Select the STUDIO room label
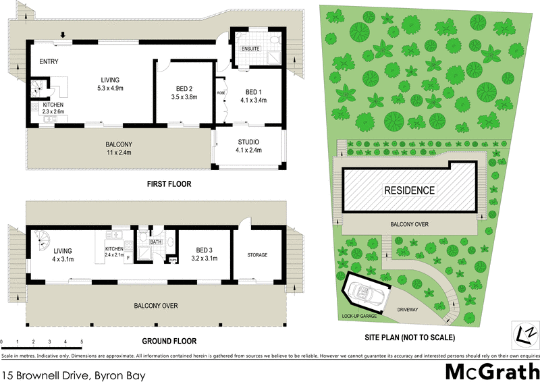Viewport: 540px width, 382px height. click(x=248, y=142)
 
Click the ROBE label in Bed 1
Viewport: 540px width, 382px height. click(x=221, y=92)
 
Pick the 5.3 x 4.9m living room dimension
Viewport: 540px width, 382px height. click(x=110, y=88)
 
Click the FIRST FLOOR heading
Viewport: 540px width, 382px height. click(x=169, y=184)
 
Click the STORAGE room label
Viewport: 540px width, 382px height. click(x=257, y=255)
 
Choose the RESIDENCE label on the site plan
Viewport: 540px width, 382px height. click(x=410, y=190)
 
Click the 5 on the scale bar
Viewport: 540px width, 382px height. click(x=82, y=343)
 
